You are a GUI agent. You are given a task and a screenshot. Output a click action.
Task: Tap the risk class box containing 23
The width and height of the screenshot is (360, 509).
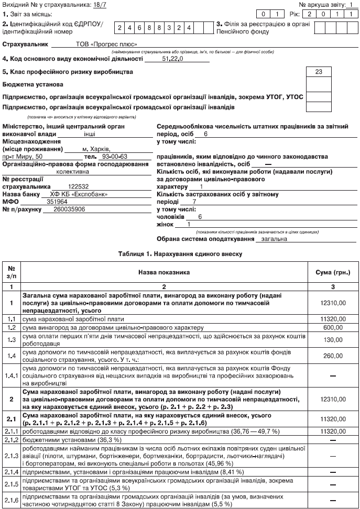click(319, 72)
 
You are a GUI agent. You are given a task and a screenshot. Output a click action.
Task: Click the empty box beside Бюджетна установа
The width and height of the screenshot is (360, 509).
click(319, 84)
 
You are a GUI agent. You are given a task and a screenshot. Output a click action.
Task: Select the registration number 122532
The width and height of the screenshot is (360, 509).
click(79, 186)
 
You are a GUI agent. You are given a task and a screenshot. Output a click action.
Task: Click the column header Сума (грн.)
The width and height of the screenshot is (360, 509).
click(333, 272)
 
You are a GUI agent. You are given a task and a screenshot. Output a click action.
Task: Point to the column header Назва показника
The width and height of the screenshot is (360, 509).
click(164, 272)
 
